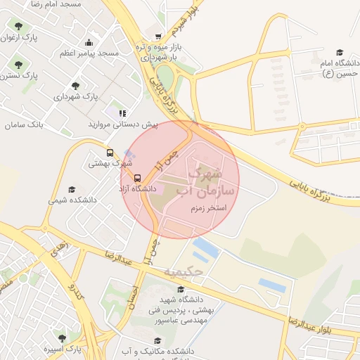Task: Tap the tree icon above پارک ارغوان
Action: [x=18, y=27]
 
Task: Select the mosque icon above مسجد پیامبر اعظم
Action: [x=88, y=42]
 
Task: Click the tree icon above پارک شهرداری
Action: [x=75, y=85]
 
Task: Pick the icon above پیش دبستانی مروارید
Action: [x=122, y=112]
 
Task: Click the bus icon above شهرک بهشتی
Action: [x=110, y=152]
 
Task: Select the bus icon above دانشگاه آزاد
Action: [x=137, y=178]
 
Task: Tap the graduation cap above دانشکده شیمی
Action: [x=72, y=189]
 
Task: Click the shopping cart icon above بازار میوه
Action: [x=158, y=37]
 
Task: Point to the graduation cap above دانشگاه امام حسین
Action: [x=340, y=52]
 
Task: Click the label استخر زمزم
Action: [x=207, y=209]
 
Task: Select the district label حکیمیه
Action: [x=184, y=271]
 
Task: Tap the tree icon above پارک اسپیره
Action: [x=61, y=337]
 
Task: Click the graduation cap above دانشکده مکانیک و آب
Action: [x=157, y=340]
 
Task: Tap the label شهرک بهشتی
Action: [x=110, y=163]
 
